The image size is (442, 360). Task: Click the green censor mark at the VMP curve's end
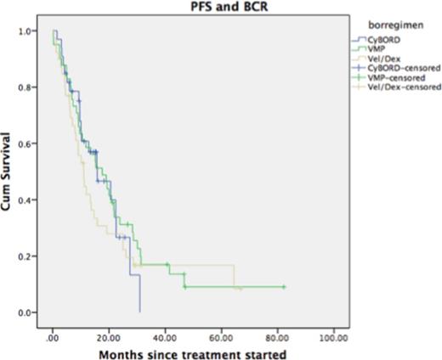tap(284, 287)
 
